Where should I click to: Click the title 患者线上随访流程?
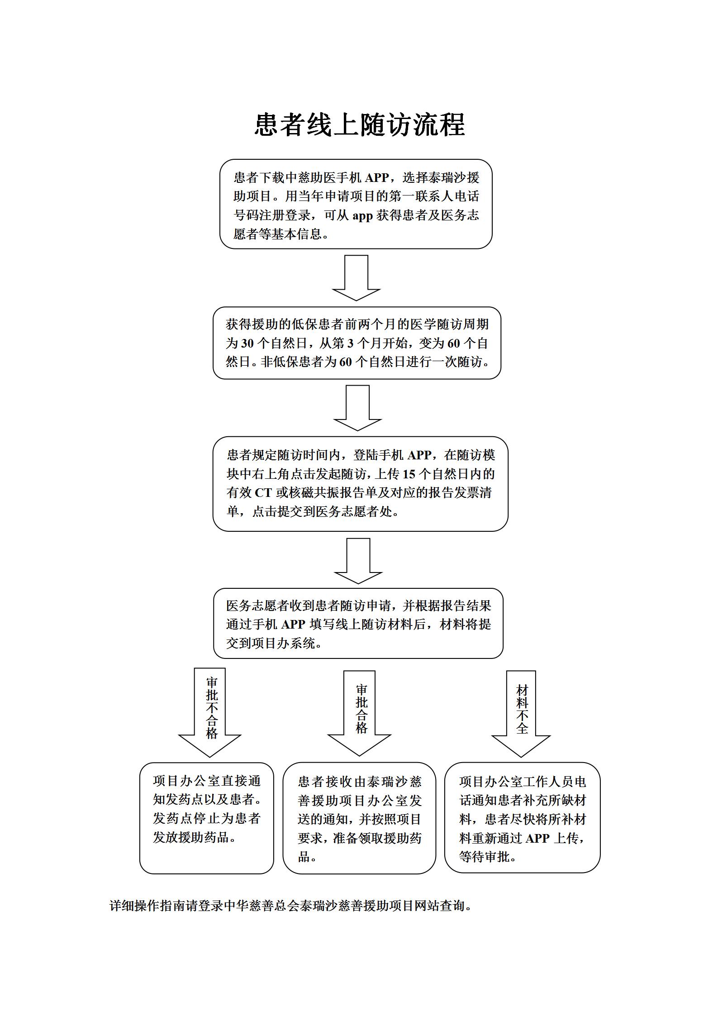coord(360,124)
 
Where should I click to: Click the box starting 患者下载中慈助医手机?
coord(356,204)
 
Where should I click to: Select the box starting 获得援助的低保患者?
coord(357,343)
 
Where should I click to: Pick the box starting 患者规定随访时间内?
coord(360,484)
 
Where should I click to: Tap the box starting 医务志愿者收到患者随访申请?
coord(358,623)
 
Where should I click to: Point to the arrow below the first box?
coord(356,278)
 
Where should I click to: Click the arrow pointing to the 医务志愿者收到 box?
coord(358,561)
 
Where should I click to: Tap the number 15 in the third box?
coord(409,474)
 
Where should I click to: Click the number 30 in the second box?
coord(247,343)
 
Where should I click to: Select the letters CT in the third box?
coord(263,493)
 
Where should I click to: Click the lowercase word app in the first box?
coord(362,216)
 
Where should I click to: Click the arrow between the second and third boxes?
coord(357,408)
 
